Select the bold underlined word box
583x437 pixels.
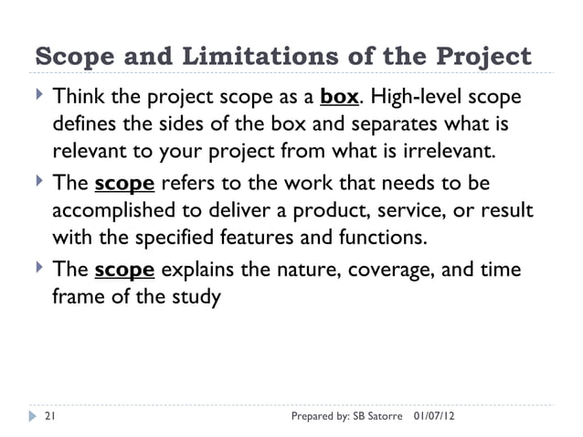[338, 96]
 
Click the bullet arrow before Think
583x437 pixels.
[37, 94]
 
